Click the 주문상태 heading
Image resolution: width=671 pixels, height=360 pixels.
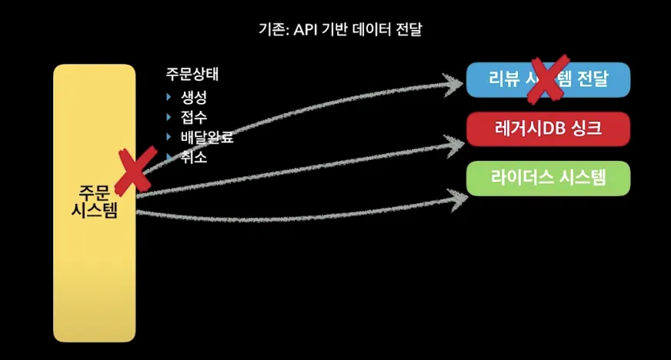point(192,75)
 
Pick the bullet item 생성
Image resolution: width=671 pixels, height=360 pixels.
point(194,98)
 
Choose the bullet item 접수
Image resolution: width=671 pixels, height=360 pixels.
point(194,118)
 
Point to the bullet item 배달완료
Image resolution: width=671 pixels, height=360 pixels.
point(207,138)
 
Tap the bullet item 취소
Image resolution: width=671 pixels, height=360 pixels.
point(194,157)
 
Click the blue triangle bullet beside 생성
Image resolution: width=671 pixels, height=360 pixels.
point(169,98)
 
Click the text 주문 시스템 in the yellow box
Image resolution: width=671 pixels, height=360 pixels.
point(94,202)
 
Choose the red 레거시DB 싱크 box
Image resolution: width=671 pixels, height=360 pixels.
point(548,128)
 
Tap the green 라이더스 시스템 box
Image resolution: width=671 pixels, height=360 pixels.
point(548,178)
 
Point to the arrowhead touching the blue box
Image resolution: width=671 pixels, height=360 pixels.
point(457,81)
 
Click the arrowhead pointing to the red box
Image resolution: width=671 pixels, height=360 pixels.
point(457,140)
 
